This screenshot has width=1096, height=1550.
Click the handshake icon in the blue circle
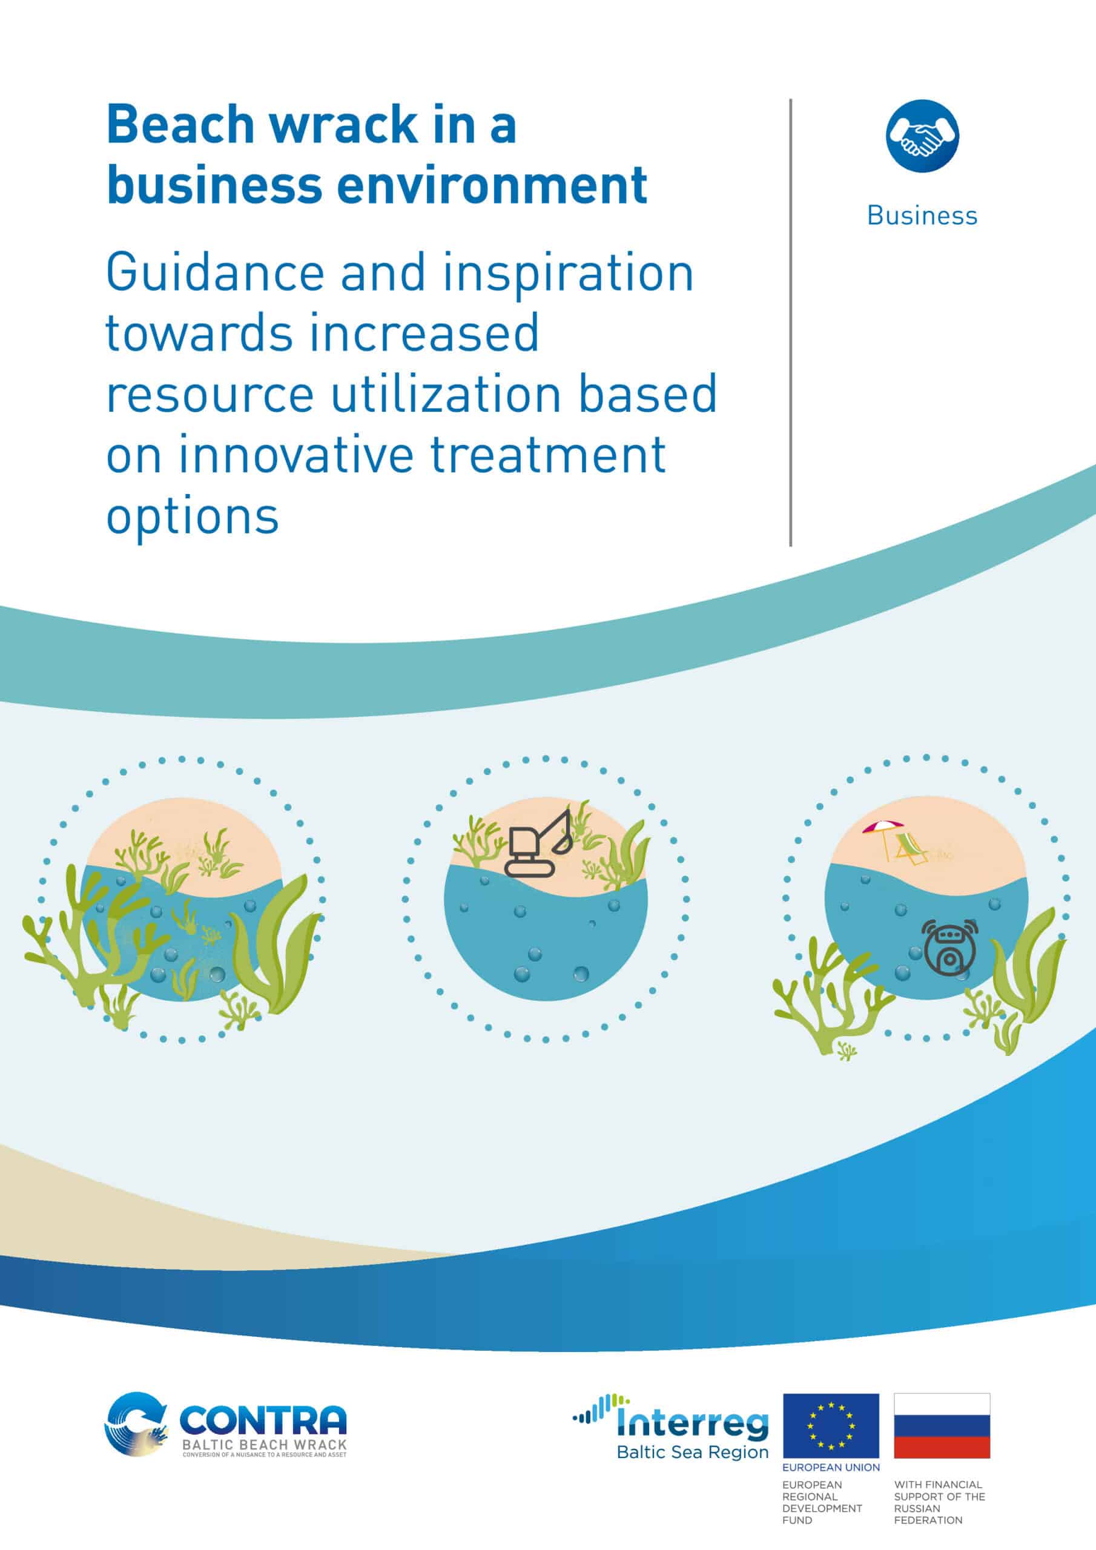point(922,135)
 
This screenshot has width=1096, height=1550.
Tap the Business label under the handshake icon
point(922,216)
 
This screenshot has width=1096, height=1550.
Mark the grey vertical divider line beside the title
point(791,322)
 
